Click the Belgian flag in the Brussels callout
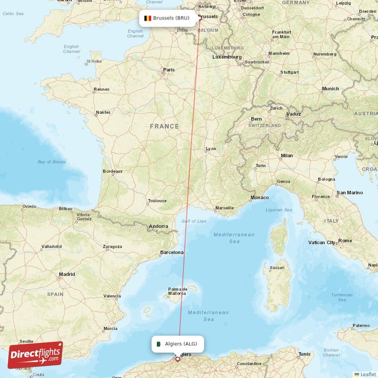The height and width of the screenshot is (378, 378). [x=147, y=18]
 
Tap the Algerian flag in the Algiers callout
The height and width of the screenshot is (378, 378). [x=159, y=344]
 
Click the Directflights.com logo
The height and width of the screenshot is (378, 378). [x=35, y=355]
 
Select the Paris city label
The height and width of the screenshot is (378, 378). [x=169, y=70]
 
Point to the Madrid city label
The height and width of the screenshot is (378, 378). [x=67, y=274]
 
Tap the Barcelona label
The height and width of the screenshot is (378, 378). [x=172, y=252]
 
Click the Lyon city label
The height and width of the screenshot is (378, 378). [x=211, y=149]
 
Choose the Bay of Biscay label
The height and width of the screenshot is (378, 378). [x=52, y=162]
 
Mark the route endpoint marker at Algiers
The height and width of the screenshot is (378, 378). [x=178, y=359]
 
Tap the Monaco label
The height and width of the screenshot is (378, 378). [x=259, y=198]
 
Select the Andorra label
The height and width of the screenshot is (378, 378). [x=158, y=226]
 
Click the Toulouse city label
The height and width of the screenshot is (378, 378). [x=157, y=201]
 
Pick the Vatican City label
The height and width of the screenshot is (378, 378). [x=322, y=242]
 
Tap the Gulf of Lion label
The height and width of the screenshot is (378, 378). [x=194, y=221]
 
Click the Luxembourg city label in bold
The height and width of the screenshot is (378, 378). [x=227, y=57]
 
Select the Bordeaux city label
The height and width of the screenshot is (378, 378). [x=112, y=171]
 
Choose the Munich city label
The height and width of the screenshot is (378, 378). [x=330, y=88]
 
